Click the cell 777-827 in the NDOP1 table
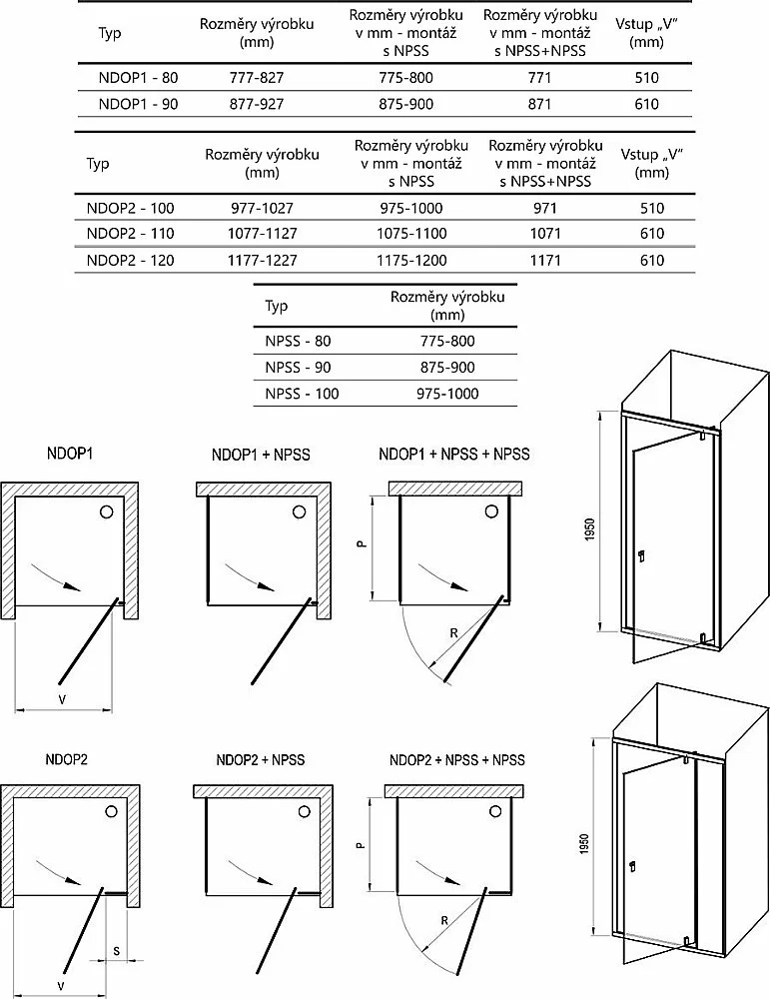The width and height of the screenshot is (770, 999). [x=256, y=78]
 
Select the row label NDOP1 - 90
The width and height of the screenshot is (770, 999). [x=138, y=104]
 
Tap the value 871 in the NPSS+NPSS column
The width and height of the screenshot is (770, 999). [x=539, y=104]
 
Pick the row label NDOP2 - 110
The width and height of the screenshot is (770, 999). [x=130, y=233]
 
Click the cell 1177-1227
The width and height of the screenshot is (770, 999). [x=263, y=260]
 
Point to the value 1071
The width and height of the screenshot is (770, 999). [x=545, y=233]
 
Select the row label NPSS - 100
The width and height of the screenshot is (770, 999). [x=302, y=393]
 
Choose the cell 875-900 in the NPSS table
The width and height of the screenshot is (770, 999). [x=447, y=367]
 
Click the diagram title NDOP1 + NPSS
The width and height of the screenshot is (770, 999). [x=261, y=455]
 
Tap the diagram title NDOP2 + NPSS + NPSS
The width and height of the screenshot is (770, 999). [x=456, y=759]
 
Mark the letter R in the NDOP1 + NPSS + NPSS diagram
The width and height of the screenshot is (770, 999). [x=454, y=632]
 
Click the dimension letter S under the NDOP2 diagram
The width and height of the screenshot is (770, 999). [x=116, y=951]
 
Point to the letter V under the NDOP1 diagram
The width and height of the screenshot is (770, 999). [x=62, y=699]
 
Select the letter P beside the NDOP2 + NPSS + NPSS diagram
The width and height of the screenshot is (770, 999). [x=360, y=845]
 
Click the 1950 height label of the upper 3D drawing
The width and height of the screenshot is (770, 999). [x=590, y=529]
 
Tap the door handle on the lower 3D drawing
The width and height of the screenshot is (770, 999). [x=631, y=867]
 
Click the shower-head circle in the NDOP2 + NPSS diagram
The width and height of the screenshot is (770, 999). [x=305, y=811]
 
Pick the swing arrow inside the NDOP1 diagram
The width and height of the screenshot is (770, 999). [x=57, y=576]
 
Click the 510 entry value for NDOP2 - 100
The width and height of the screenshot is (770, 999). [x=652, y=208]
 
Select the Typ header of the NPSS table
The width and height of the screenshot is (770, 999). [x=276, y=306]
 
